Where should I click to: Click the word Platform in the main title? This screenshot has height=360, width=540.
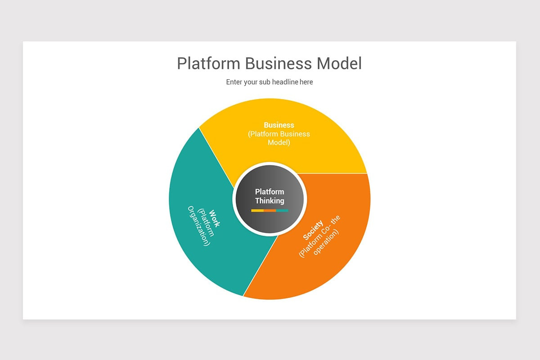[x=209, y=64]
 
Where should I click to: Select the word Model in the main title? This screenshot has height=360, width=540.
[x=339, y=63]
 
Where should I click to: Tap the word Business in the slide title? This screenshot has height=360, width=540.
[x=274, y=63]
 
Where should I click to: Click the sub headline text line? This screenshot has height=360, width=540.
[x=270, y=82]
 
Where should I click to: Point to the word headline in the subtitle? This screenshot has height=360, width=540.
[x=283, y=82]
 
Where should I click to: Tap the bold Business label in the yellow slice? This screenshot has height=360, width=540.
[x=279, y=125]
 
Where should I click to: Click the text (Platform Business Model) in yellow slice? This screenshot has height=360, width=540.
[x=279, y=138]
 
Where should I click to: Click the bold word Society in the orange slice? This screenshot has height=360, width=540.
[x=313, y=229]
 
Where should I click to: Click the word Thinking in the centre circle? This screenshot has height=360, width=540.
[x=270, y=201]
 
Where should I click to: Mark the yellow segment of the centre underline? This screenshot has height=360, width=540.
[x=257, y=210]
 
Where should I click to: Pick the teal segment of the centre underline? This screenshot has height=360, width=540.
[x=282, y=210]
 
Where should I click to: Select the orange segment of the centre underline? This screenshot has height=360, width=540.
[x=270, y=210]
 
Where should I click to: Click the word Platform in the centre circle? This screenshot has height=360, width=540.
[x=270, y=192]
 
